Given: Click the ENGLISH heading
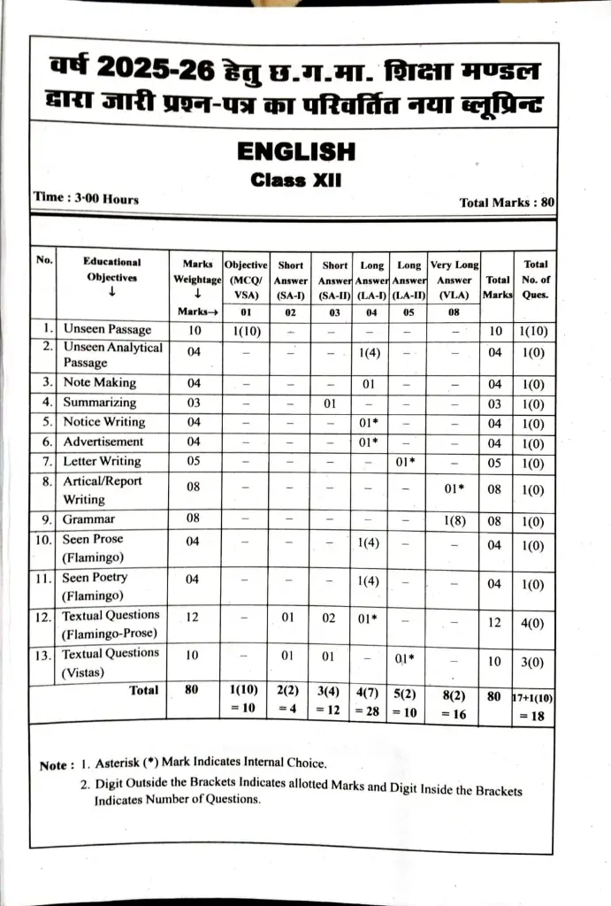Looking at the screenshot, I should (296, 152).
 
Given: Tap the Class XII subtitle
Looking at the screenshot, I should (296, 180).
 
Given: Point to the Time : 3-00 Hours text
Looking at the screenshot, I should (86, 199).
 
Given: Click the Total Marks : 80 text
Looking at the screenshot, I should (507, 203).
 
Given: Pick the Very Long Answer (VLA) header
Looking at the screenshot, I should (454, 280).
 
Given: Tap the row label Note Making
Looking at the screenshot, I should (99, 383).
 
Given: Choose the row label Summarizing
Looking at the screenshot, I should (99, 403).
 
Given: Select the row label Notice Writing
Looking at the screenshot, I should (103, 422).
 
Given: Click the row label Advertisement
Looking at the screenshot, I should (103, 441).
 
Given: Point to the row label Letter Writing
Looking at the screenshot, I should (102, 461).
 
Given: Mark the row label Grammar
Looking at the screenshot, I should (88, 519).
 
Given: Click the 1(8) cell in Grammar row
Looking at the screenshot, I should (454, 520).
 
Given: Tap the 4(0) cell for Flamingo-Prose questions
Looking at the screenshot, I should (532, 623).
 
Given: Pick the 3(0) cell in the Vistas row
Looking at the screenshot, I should (532, 662).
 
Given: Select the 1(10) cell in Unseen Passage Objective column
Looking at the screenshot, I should (246, 331).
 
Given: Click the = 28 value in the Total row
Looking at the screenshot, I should (371, 709).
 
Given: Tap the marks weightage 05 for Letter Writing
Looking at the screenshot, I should (194, 462).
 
